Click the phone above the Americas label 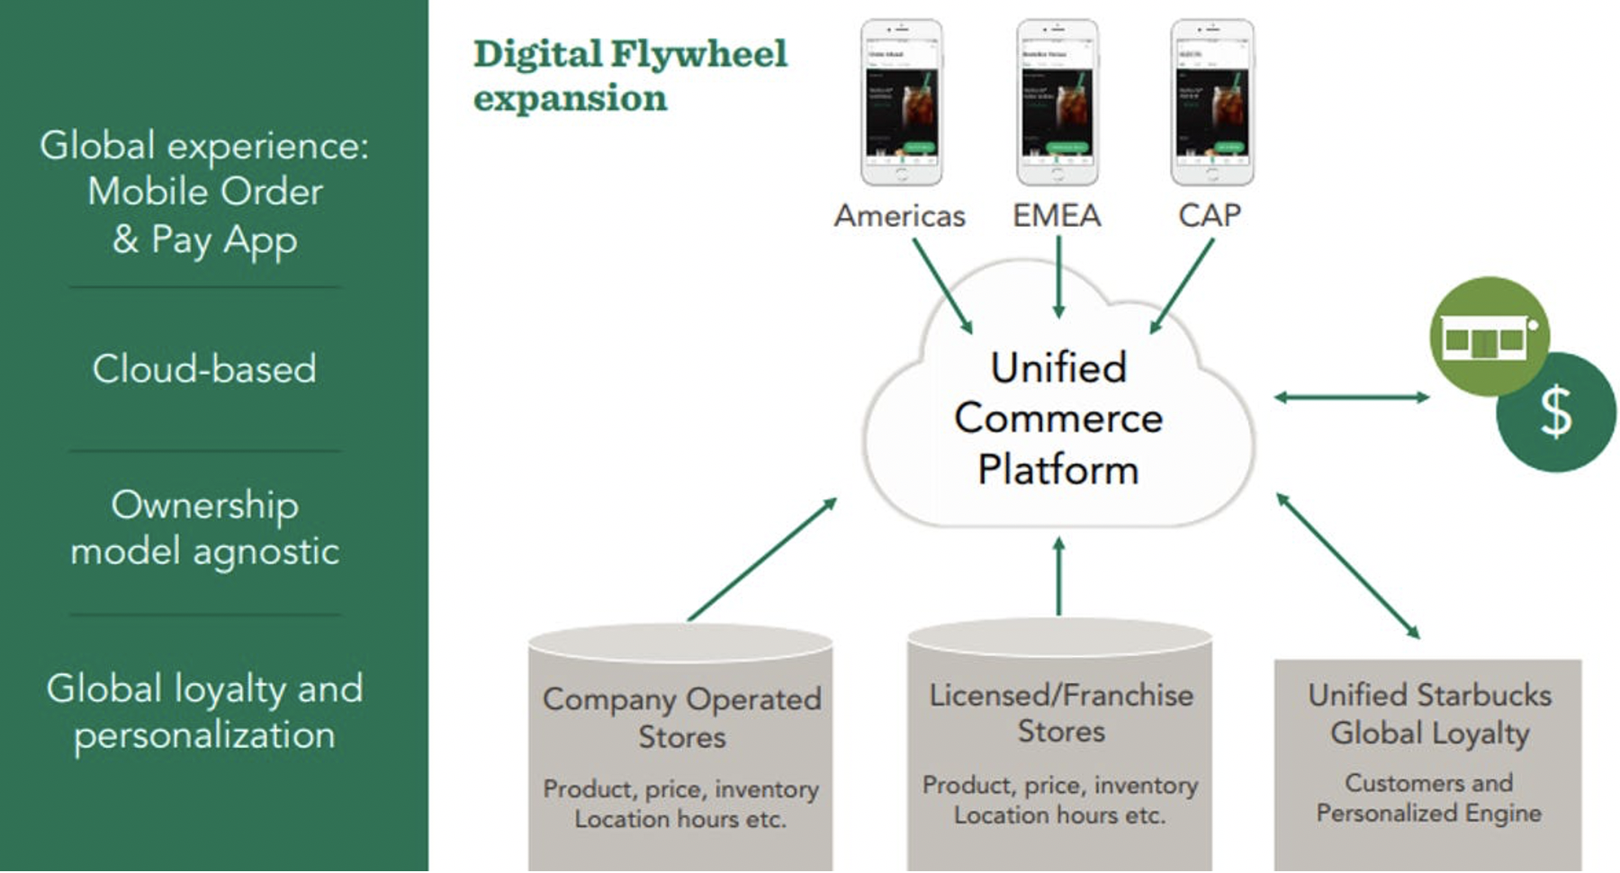pos(901,102)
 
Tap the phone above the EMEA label pos(1057,102)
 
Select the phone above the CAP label pos(1211,102)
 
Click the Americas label pos(899,216)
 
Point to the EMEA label pos(1057,216)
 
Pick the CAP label pos(1210,216)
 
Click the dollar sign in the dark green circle pos(1556,413)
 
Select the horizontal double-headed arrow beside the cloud pos(1351,397)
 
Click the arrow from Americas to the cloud pos(942,286)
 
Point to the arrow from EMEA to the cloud pos(1058,276)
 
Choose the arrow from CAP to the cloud pos(1182,286)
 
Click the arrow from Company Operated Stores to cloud pos(762,559)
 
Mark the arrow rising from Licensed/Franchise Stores pos(1058,576)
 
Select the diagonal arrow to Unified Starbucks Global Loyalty pos(1347,565)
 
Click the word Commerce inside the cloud pos(1058,418)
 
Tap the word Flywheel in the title pos(698,54)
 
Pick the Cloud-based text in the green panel pos(204,369)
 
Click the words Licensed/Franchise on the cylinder pos(1061,696)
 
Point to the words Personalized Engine pos(1428,814)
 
